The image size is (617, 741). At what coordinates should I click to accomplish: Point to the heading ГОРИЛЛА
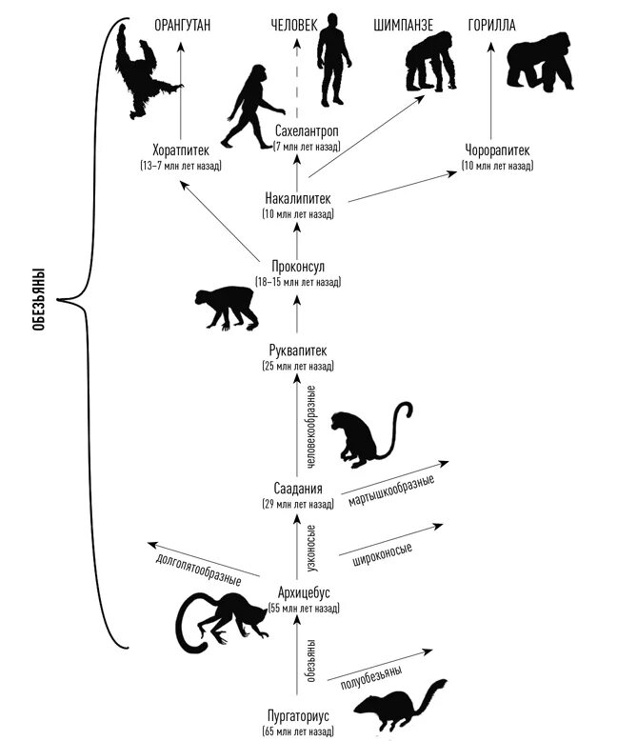click(x=492, y=24)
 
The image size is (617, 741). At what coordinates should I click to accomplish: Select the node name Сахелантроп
click(x=307, y=131)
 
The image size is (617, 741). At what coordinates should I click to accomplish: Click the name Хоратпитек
click(x=181, y=150)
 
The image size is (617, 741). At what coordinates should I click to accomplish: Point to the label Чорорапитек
click(x=496, y=150)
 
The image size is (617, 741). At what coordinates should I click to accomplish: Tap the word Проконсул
click(x=298, y=267)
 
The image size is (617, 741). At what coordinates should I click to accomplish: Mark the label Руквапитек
click(x=298, y=351)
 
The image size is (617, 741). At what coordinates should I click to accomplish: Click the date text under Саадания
click(x=298, y=504)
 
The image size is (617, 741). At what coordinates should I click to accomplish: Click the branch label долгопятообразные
click(x=197, y=566)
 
